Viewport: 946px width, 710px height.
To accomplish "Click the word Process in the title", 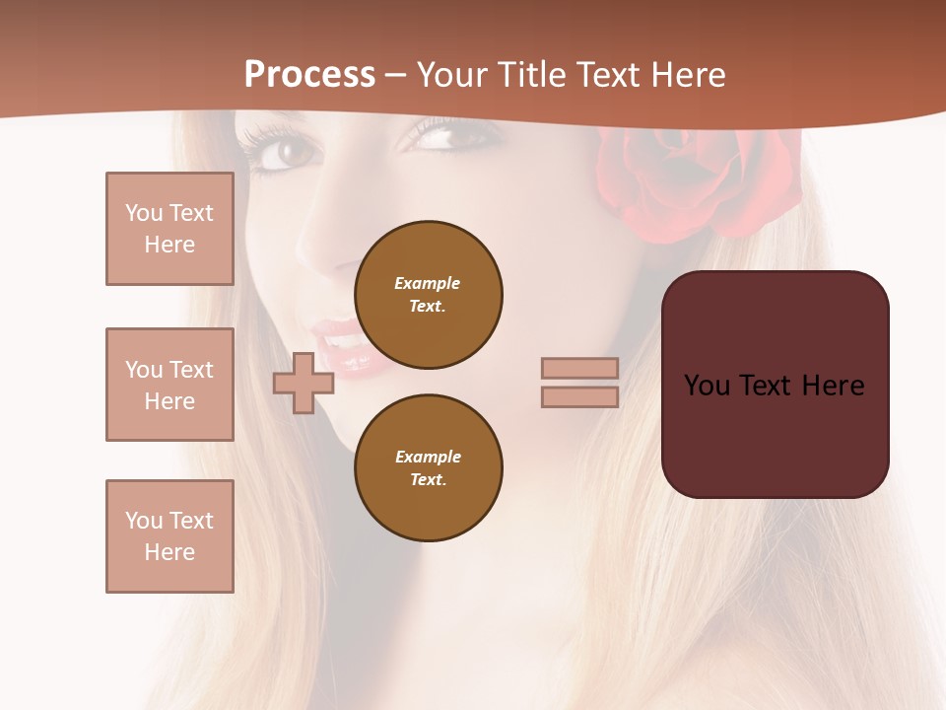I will coord(309,75).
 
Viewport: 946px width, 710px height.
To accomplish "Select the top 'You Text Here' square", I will coord(169,229).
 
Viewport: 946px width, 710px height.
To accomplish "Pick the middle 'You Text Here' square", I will coord(169,385).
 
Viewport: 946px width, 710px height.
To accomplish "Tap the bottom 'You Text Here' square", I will coord(169,536).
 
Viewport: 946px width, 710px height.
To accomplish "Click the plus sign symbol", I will coord(303,383).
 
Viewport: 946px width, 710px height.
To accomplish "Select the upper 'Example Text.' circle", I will coord(429,295).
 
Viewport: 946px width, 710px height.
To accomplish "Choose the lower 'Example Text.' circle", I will coord(429,468).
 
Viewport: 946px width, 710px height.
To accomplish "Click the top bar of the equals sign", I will coord(580,368).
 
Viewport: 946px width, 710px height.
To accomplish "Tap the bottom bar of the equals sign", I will coord(580,396).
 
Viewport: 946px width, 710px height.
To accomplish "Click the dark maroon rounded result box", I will coord(776,385).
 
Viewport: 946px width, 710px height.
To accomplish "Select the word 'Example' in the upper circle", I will coord(428,283).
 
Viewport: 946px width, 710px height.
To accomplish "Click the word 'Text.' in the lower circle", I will coord(428,480).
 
